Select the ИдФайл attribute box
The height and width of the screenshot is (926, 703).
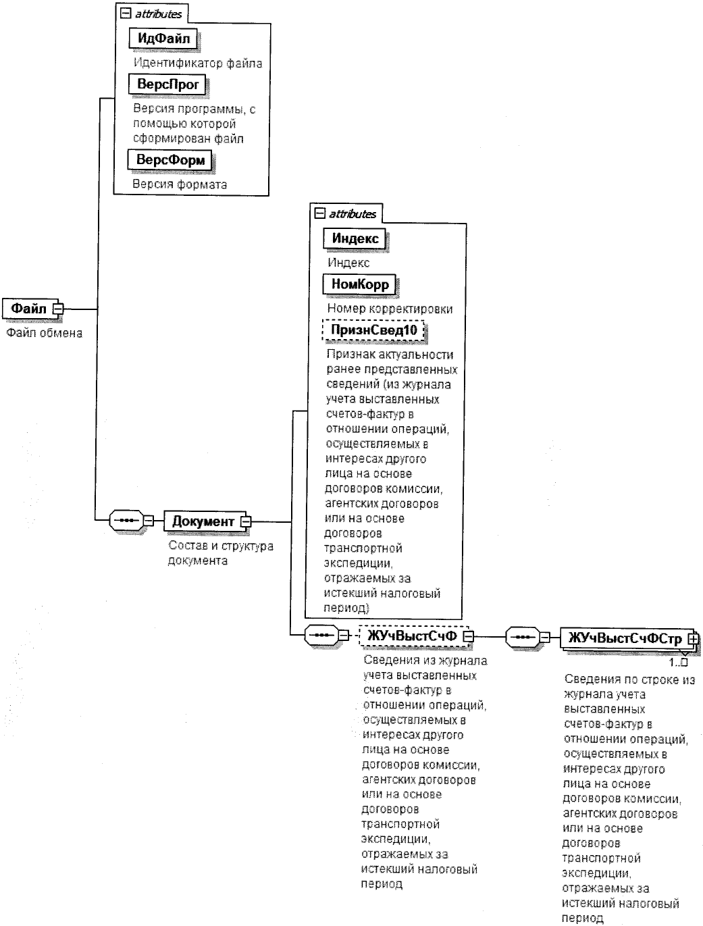[163, 38]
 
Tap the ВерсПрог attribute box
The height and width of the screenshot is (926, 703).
[167, 85]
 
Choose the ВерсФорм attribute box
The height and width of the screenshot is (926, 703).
[170, 160]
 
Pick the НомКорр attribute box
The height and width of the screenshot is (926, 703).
[360, 284]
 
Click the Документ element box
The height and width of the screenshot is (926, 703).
[203, 521]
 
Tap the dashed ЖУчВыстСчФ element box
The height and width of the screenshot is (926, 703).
[412, 636]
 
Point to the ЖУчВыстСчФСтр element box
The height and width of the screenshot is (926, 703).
[624, 637]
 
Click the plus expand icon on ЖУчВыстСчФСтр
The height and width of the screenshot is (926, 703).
[692, 637]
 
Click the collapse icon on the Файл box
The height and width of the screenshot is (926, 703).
[57, 309]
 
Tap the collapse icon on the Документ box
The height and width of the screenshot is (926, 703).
[245, 521]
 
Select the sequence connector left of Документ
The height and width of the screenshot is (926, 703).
[126, 521]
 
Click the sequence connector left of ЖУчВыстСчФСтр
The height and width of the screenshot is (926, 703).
[523, 636]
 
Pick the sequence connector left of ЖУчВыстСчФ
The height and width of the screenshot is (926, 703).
[320, 636]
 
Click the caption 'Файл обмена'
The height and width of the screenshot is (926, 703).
[44, 332]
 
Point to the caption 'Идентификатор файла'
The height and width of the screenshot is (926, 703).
[197, 63]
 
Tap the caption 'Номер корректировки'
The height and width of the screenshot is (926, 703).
[390, 309]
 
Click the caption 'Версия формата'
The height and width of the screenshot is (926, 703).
[179, 184]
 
